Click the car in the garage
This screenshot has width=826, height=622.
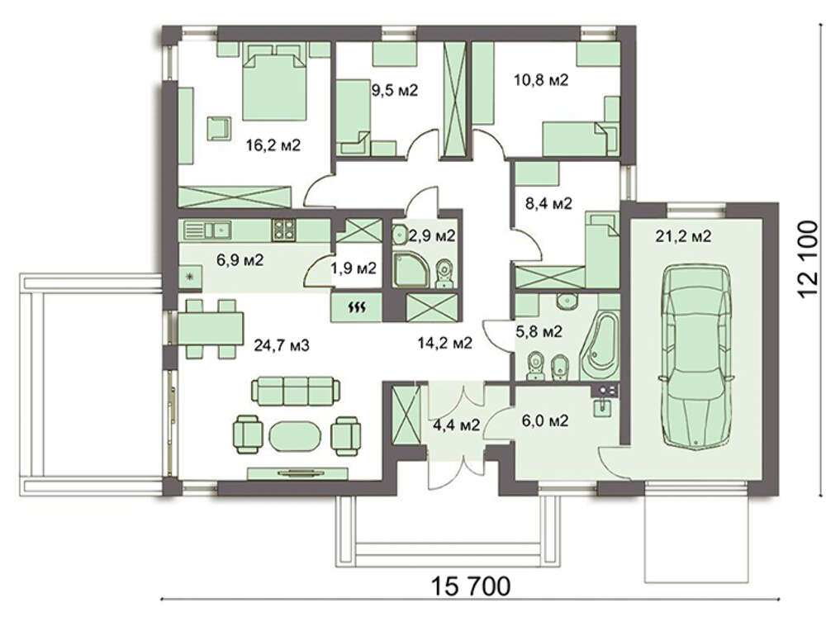pos(695,357)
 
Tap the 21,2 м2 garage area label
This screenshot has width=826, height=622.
pos(683,236)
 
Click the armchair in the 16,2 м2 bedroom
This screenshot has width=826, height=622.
pos(219,128)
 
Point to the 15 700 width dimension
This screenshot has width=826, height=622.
pos(472,586)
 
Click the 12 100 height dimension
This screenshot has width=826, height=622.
pos(808,259)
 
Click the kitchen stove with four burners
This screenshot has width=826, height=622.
pos(283,230)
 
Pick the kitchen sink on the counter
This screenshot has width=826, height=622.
pos(208,230)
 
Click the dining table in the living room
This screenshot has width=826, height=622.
pos(211,329)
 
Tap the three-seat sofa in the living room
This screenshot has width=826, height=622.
pos(296,390)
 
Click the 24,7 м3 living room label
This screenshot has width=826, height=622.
pos(282,345)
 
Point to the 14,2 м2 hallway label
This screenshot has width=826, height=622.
pos(445,344)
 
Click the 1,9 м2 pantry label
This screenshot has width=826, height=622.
pos(354,268)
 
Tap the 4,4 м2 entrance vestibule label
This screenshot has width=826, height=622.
pos(456,425)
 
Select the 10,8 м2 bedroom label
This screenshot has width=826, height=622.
pos(541,80)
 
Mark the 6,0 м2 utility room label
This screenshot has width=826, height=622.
pos(544,420)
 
